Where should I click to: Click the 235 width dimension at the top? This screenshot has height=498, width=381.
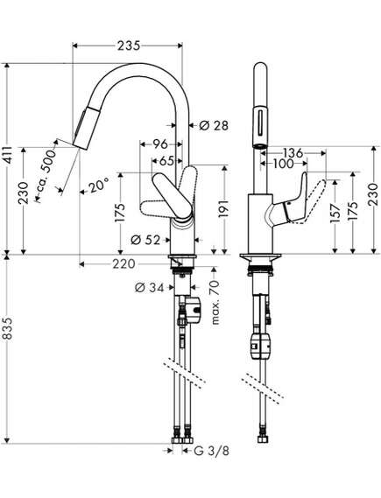(129, 46)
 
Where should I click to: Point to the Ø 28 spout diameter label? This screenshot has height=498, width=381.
(214, 126)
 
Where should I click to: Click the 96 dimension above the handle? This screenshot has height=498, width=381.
(160, 144)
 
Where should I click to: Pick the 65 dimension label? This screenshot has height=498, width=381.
(166, 161)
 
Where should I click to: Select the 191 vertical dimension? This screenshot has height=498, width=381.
(224, 208)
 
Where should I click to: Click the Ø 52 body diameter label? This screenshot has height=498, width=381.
(145, 240)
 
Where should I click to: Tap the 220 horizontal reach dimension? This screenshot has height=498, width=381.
(123, 264)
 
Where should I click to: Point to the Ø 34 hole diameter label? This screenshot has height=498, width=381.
(150, 288)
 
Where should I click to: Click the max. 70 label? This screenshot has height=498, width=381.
(215, 302)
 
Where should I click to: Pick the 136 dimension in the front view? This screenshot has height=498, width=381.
(293, 153)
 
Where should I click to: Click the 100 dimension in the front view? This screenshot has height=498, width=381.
(283, 164)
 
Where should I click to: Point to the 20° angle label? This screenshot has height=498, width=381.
(98, 186)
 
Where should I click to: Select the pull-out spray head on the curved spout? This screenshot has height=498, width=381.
(84, 129)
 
